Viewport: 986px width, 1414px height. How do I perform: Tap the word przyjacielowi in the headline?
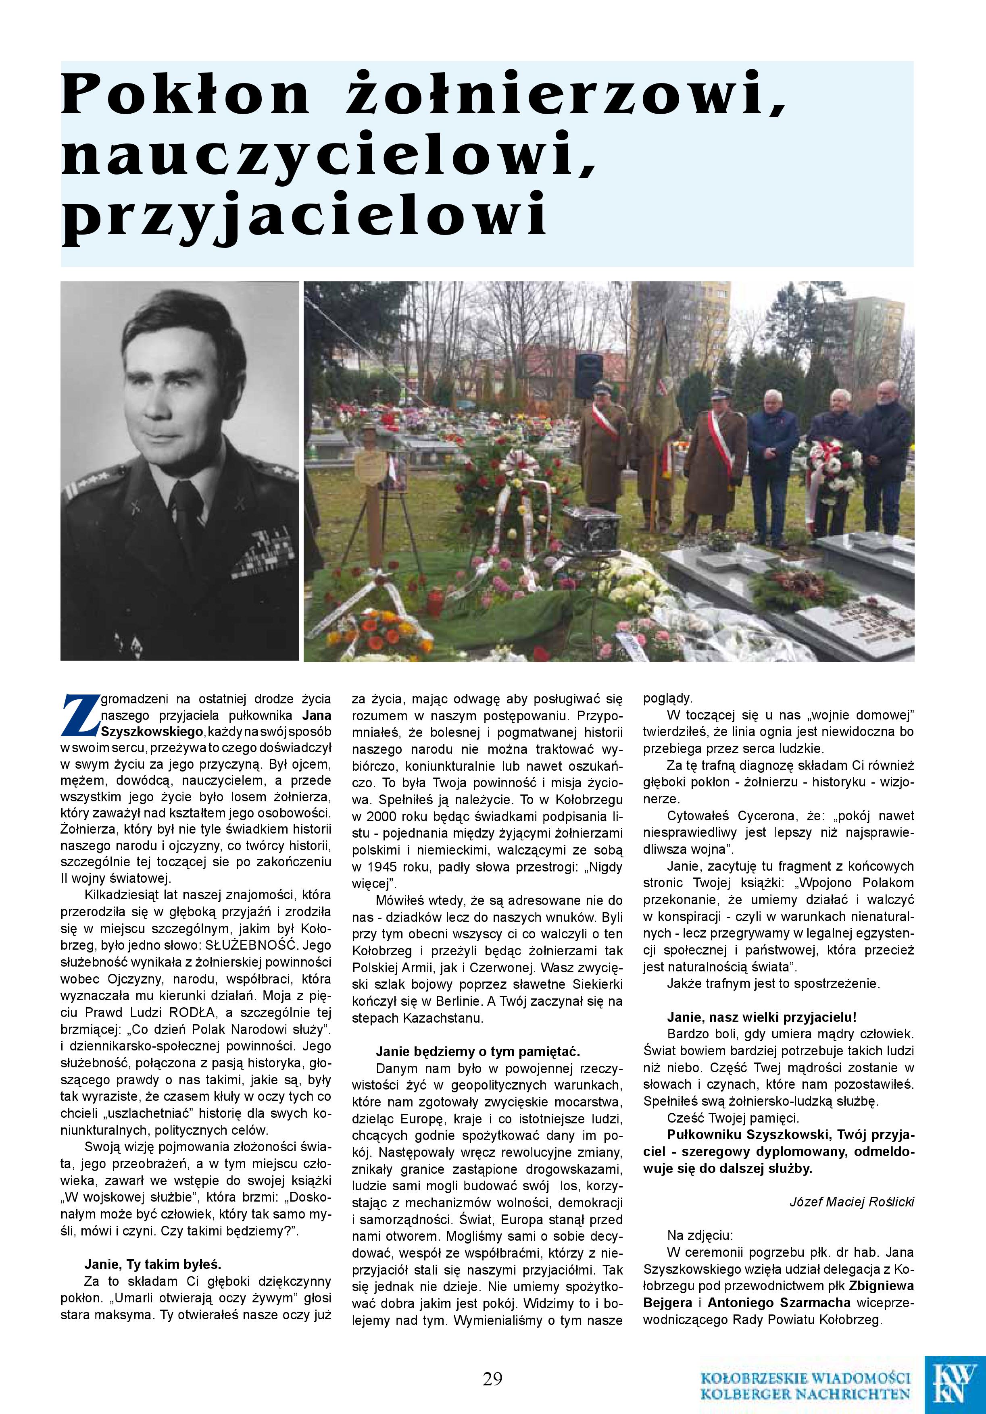point(304,216)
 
